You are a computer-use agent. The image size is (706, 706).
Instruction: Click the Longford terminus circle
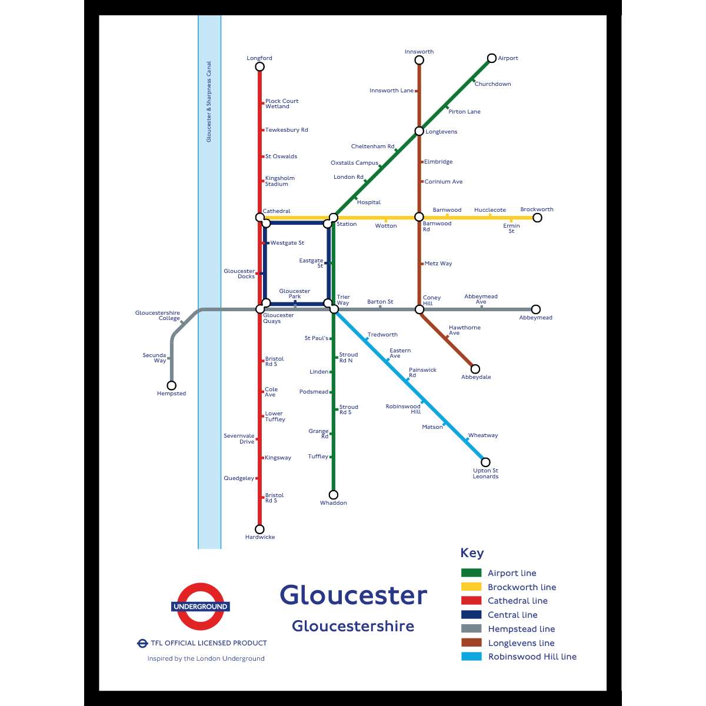tap(259, 66)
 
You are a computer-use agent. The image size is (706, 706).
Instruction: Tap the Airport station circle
tap(492, 58)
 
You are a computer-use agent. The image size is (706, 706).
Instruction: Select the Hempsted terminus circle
tap(171, 385)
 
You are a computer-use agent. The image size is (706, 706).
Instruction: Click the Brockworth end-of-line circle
tap(537, 218)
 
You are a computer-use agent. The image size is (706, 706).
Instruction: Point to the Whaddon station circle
tap(334, 495)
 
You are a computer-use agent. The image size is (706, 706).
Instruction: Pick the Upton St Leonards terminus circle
tap(485, 462)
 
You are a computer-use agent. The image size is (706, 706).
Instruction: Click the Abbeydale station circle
tap(475, 369)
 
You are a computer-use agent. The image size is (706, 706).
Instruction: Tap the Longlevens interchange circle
tap(419, 131)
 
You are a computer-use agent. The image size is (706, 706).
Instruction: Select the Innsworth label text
tap(419, 52)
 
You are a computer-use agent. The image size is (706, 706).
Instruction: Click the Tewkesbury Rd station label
tap(287, 130)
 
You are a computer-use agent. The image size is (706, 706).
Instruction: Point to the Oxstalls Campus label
tap(354, 163)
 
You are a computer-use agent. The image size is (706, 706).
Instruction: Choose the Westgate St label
tap(287, 243)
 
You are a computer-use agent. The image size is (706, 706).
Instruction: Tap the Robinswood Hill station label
tap(404, 409)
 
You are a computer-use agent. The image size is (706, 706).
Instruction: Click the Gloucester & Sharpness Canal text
tap(209, 101)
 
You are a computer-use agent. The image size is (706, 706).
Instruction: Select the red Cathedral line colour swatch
tap(471, 601)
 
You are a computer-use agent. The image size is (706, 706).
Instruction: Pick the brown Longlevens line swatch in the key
tap(471, 642)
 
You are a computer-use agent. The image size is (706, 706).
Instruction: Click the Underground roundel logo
tap(200, 607)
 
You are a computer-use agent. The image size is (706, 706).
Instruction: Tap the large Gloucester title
tap(353, 595)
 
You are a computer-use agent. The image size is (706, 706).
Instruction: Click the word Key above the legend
tap(472, 553)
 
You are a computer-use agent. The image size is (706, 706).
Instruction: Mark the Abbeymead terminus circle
tap(535, 309)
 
